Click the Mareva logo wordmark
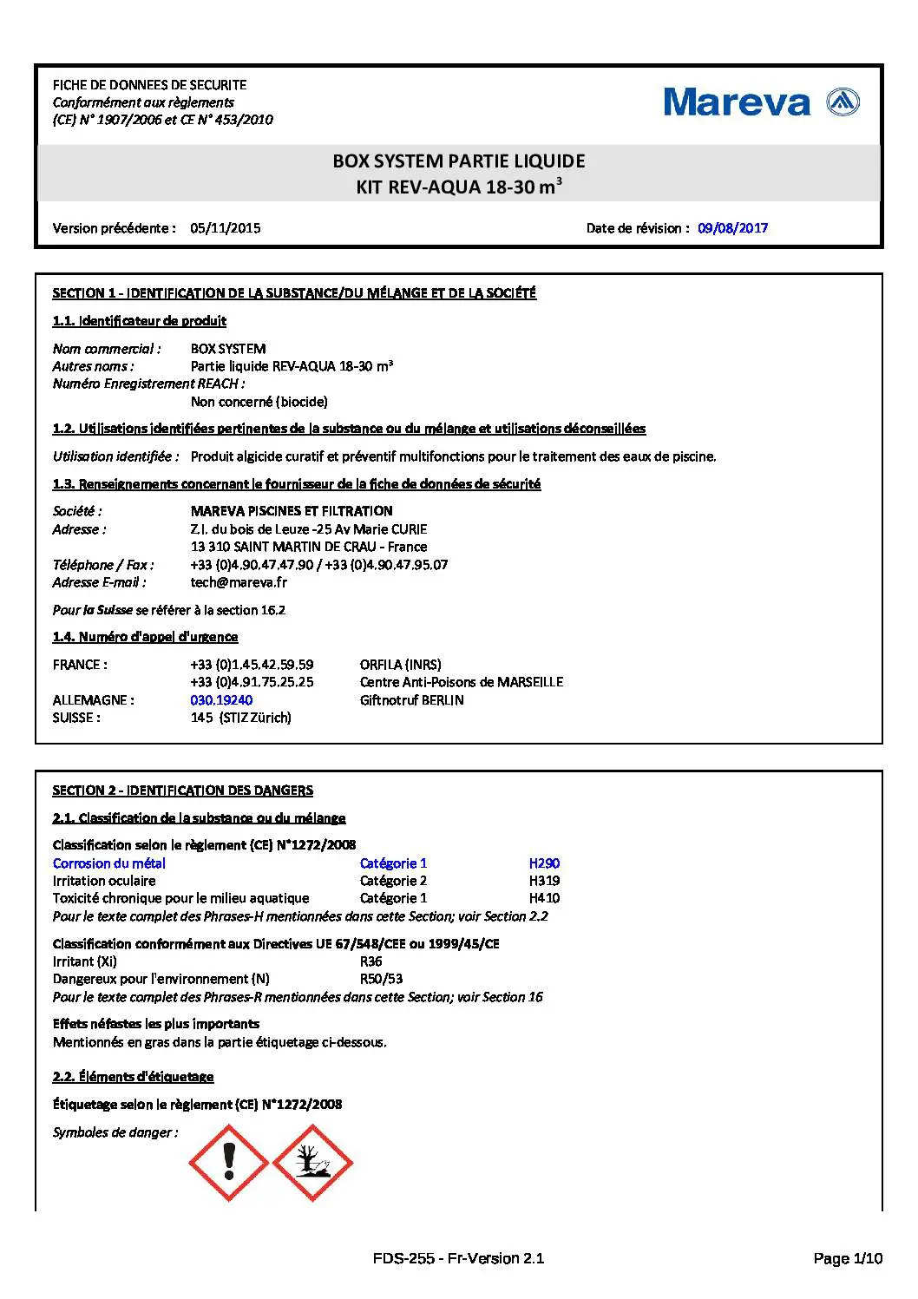[737, 102]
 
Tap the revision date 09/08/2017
[732, 228]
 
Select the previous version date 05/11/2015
[226, 228]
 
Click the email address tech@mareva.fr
[239, 582]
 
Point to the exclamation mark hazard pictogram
[229, 1163]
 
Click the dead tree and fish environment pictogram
[312, 1163]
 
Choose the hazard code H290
[544, 863]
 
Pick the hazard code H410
[544, 898]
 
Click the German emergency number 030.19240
[222, 700]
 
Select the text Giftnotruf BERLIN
[411, 700]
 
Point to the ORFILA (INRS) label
[400, 665]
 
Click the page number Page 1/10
[848, 1258]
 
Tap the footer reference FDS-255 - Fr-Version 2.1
[458, 1258]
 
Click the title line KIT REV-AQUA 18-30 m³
[459, 187]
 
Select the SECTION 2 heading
[183, 791]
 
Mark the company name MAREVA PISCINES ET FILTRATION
[292, 511]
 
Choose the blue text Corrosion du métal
[109, 863]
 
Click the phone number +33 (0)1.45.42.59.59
[252, 665]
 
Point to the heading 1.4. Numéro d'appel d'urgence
[145, 637]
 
